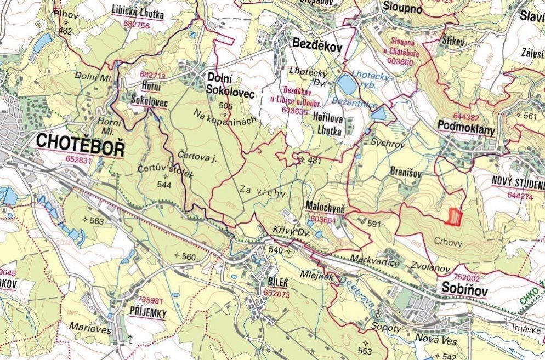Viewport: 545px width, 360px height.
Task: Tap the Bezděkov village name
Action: tap(317, 45)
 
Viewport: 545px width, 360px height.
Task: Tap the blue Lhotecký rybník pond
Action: tap(347, 85)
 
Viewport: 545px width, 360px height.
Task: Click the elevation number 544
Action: tap(164, 185)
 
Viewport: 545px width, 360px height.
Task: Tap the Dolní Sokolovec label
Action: tap(230, 87)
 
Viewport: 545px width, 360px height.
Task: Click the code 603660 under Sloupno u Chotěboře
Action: tap(400, 62)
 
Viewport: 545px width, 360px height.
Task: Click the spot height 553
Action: tap(365, 351)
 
